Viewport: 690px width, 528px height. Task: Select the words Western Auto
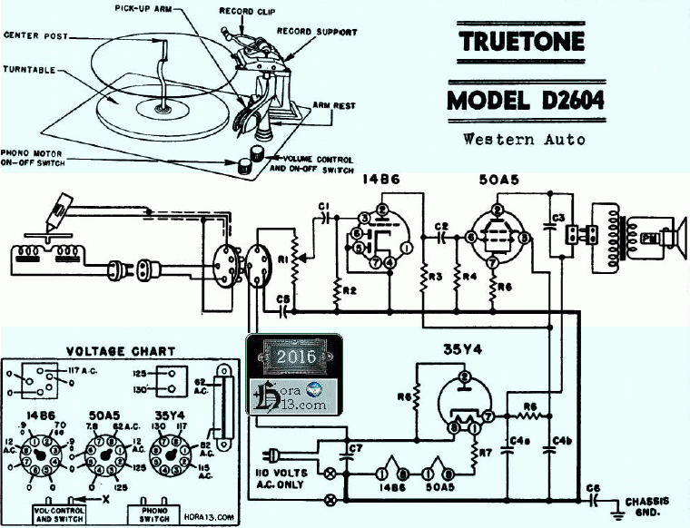pos(524,140)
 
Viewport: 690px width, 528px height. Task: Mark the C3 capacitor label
pos(559,217)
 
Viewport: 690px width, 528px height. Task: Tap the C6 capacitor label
pos(595,489)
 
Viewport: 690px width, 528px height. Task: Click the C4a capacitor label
pos(520,442)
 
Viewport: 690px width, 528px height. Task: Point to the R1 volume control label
pos(282,259)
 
